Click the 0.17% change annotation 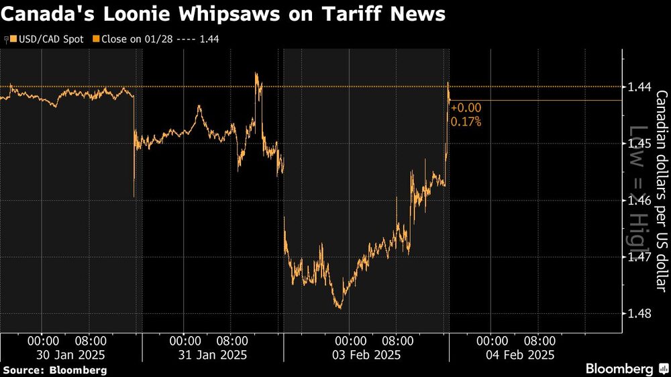coord(466,121)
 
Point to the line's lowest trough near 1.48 coord(339,308)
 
